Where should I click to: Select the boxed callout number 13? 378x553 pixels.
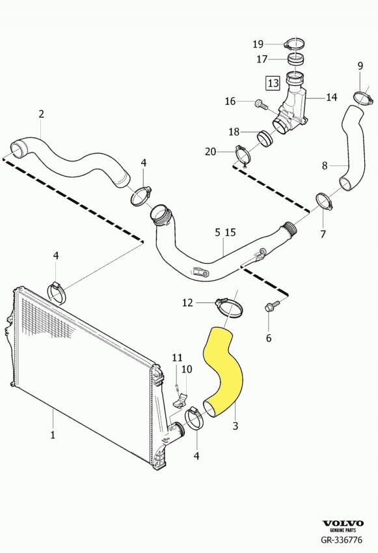[273, 83]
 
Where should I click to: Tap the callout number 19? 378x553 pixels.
[258, 44]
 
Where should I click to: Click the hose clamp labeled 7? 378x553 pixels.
[324, 201]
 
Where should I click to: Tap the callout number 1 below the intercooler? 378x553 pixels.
[53, 434]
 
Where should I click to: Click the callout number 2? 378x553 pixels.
[41, 114]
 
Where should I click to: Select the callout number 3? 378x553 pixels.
[236, 426]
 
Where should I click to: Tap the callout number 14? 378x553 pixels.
[331, 98]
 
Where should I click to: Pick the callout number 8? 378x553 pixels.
[325, 166]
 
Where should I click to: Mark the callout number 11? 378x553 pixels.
[177, 358]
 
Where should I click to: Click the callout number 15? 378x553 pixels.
[230, 233]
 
